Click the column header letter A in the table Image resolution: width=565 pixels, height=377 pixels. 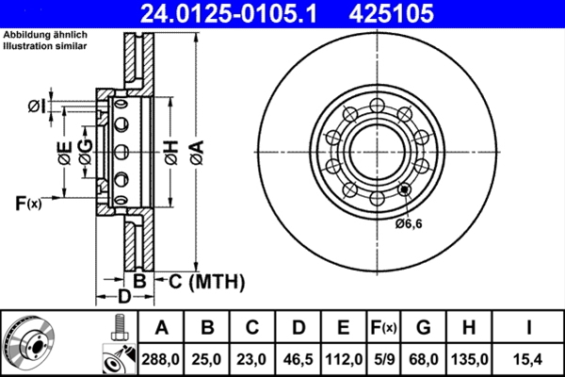(161, 327)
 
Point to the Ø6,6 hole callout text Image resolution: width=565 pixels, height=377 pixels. (410, 222)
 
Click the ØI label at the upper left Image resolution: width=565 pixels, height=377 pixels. (36, 104)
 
